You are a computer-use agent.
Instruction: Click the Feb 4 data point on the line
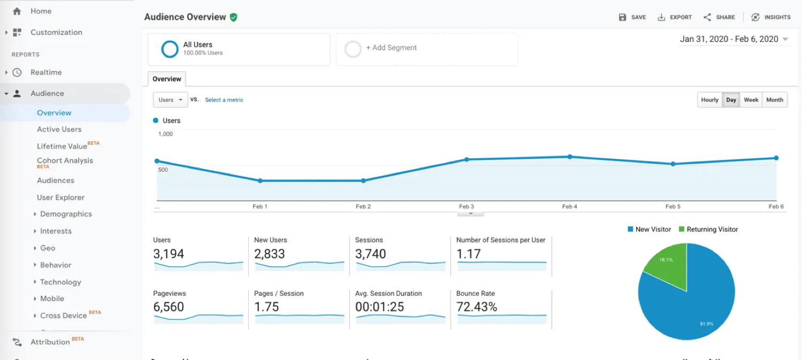click(570, 157)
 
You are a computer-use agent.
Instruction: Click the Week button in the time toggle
click(751, 100)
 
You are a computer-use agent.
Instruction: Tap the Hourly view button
click(710, 100)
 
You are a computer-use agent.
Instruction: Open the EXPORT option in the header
click(675, 17)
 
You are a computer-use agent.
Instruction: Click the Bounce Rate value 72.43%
click(476, 307)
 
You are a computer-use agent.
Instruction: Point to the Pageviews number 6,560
click(168, 307)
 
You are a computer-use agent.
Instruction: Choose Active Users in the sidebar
click(59, 129)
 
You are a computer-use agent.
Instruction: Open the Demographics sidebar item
click(66, 214)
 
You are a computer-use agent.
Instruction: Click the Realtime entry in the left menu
click(46, 72)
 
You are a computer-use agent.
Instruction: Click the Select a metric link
click(224, 100)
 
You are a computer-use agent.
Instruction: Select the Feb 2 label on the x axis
click(363, 206)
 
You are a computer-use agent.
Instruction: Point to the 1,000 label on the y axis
click(166, 134)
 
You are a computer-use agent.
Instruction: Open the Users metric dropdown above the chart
click(170, 100)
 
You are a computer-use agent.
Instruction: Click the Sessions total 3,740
click(371, 254)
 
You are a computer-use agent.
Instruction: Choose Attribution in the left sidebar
click(50, 342)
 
